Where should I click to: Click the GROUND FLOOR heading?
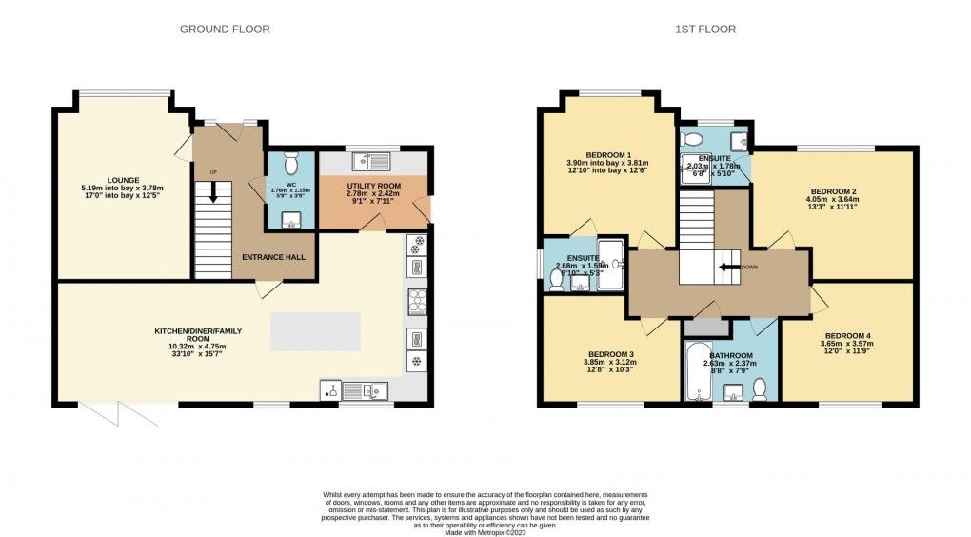225,30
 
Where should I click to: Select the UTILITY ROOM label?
374,185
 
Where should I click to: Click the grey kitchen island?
316,331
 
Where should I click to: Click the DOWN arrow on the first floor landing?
734,268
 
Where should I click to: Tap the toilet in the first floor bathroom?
760,388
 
